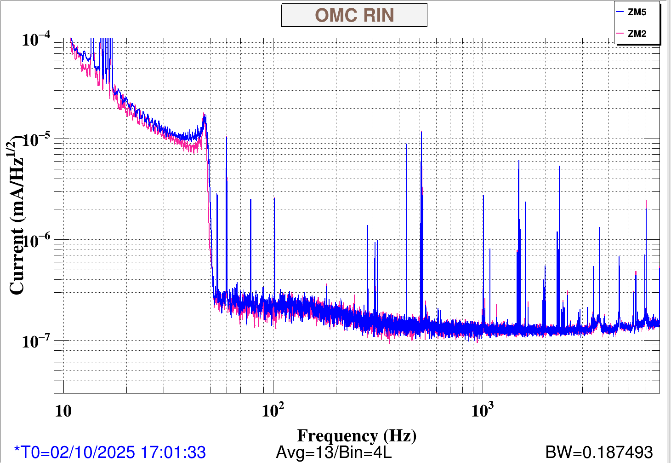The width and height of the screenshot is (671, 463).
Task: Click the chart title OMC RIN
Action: [x=354, y=15]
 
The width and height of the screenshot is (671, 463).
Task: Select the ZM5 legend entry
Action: [x=637, y=12]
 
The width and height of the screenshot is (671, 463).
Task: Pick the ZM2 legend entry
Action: [x=637, y=34]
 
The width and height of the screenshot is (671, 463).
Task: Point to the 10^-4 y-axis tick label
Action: [x=36, y=40]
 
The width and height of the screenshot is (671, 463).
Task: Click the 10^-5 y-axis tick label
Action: [x=36, y=140]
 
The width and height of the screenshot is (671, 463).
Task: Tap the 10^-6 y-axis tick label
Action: [x=36, y=241]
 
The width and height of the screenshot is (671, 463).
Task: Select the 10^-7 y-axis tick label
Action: [x=36, y=341]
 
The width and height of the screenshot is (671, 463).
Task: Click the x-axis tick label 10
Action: [x=63, y=411]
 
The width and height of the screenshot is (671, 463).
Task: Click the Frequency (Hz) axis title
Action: [x=357, y=435]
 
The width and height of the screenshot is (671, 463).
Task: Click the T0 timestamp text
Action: [x=110, y=452]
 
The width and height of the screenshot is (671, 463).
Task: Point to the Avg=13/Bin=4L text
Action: [x=334, y=452]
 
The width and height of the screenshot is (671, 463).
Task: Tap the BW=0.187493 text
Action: [x=599, y=452]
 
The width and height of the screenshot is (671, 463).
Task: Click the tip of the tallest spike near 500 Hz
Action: [x=421, y=132]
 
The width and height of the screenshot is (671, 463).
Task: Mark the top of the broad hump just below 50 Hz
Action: [x=205, y=115]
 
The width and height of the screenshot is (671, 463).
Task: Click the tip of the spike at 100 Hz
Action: [x=274, y=198]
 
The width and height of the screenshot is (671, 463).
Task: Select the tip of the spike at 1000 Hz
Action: [x=483, y=196]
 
